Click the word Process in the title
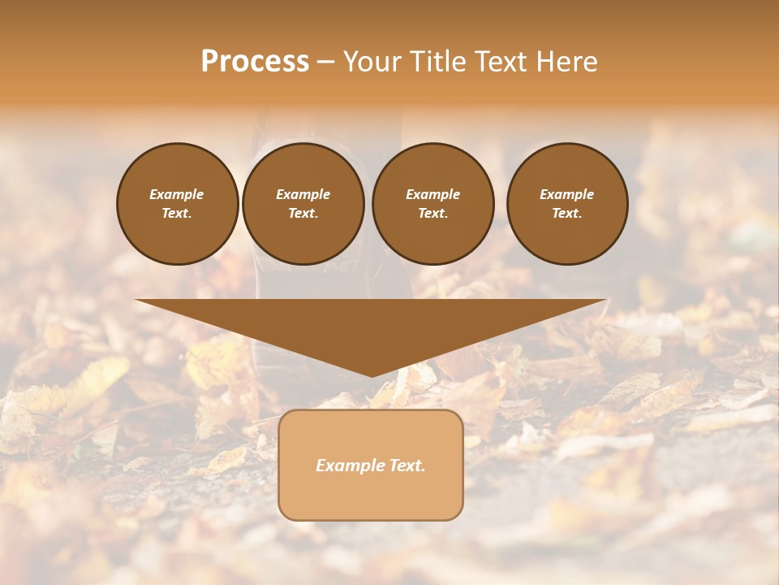coord(255,62)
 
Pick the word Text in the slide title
coord(497,62)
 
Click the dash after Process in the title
coord(325,63)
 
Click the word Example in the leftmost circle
coord(177,194)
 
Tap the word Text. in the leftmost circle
coord(177,213)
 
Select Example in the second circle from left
coord(303,194)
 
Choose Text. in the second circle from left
coord(303,213)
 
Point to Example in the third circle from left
coord(433,194)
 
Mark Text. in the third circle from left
coord(433,213)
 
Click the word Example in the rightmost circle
coord(566,194)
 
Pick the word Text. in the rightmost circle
coord(566,213)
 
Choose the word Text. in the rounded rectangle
coord(405,466)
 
